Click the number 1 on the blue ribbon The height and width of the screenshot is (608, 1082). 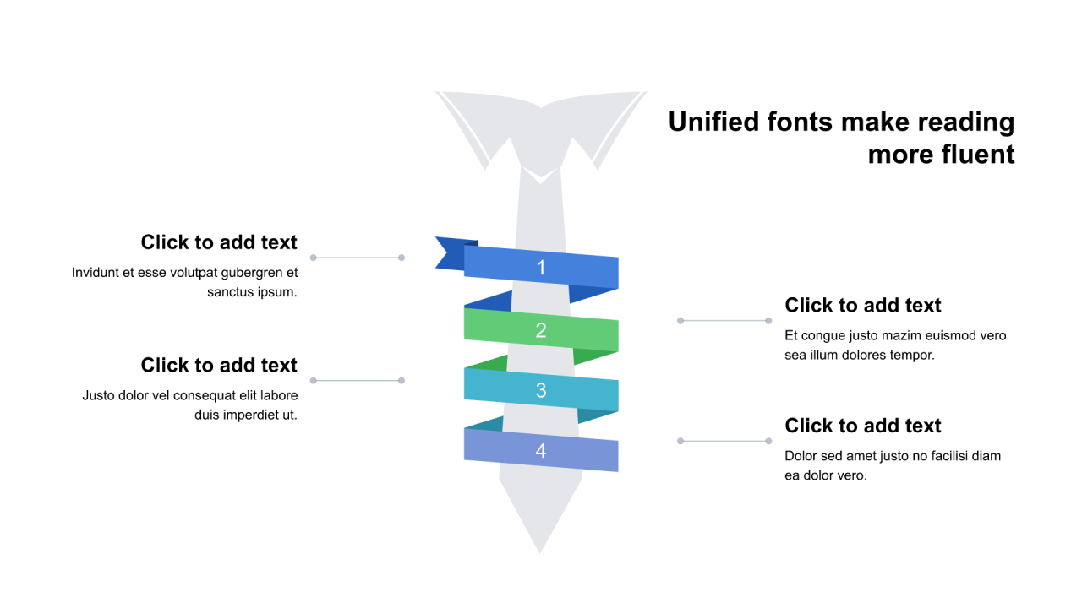point(541,269)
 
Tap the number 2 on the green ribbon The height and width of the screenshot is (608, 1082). point(541,331)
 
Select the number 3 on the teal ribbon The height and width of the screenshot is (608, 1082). point(541,391)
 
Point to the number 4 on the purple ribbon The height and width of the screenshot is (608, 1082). point(541,451)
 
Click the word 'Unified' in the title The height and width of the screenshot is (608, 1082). point(713,122)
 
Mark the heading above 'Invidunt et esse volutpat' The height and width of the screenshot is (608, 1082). point(219,242)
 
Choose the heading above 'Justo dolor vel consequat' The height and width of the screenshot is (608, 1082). point(219,365)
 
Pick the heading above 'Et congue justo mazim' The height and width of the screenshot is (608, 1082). point(863,305)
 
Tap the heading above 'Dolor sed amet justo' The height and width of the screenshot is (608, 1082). point(863,426)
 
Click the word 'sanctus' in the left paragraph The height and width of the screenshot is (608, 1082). point(230,292)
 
